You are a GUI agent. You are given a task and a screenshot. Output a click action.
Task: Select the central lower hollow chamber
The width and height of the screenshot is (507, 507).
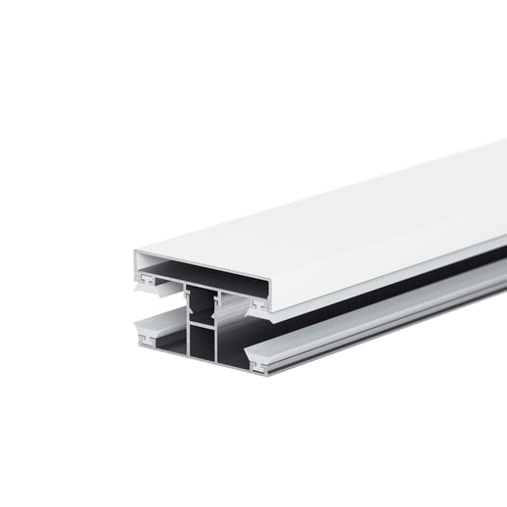(203, 345)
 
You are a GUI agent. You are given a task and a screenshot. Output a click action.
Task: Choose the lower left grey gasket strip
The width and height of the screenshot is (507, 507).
(157, 328)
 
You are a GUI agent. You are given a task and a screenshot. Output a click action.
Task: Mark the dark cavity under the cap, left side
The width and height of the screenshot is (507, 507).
(161, 270)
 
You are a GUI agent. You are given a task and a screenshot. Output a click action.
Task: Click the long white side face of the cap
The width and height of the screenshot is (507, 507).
(392, 264)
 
